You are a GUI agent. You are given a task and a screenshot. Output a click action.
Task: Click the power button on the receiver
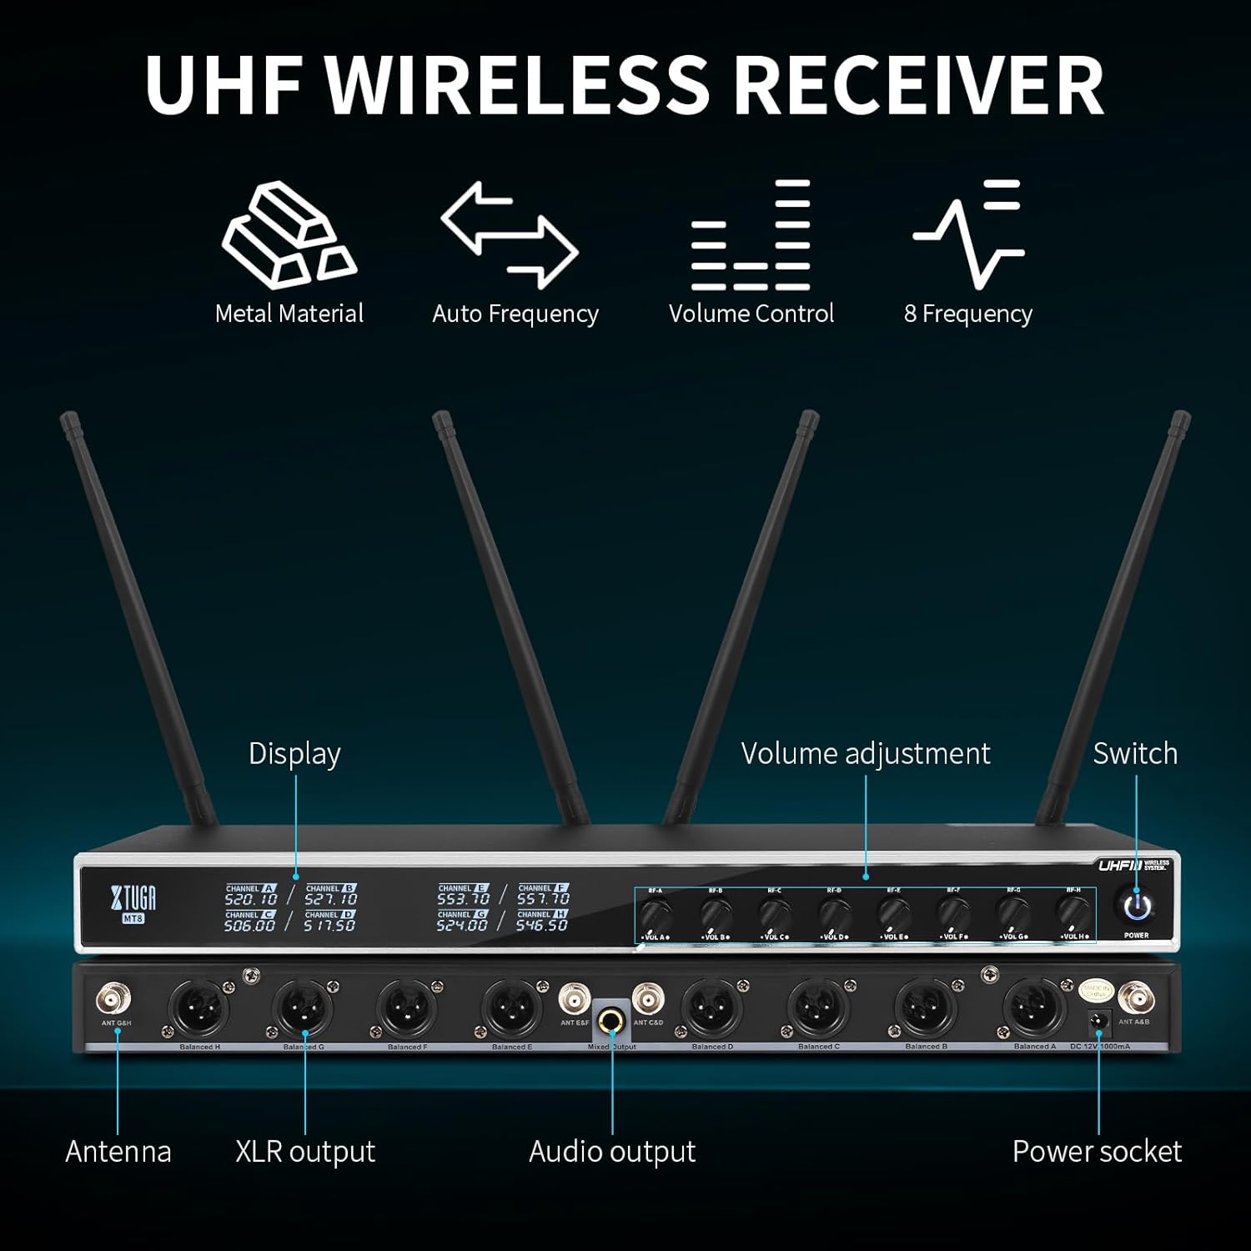pos(1137,907)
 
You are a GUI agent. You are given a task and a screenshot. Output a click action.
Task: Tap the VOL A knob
pos(656,915)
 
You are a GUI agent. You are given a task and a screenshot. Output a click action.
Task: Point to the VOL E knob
pos(894,914)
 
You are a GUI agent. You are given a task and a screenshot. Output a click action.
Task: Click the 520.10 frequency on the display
pos(250,899)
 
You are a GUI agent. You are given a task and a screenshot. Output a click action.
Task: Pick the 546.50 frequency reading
pos(542,925)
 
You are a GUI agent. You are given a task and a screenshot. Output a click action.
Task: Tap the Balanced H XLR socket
pos(199,1009)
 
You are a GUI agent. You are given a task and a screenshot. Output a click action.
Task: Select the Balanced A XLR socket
pos(1034,1009)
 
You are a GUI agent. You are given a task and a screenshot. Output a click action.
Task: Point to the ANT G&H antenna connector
pos(114,997)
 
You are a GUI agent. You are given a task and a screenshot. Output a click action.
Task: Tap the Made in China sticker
pos(1097,992)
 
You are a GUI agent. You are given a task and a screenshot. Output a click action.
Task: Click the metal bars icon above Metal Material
pos(289,235)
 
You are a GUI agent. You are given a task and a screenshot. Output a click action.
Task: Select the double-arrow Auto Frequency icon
pos(510,234)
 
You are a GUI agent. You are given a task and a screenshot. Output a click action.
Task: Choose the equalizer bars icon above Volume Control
pos(751,235)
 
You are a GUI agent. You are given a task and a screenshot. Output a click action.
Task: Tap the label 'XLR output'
pos(305,1151)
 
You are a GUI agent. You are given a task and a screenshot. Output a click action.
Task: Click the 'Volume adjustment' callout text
pos(865,753)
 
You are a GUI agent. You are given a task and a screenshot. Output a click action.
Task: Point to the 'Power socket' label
pos(1097,1151)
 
